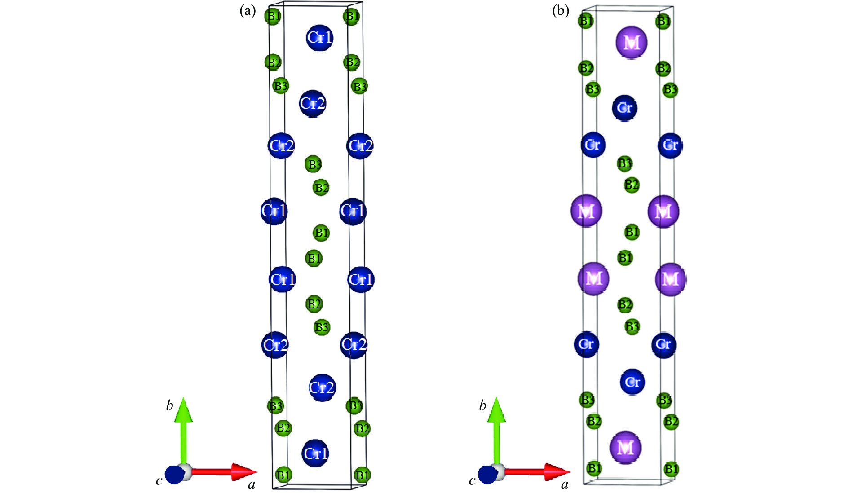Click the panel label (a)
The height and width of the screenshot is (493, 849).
248,11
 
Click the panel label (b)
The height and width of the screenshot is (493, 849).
560,10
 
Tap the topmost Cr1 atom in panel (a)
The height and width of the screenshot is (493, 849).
319,37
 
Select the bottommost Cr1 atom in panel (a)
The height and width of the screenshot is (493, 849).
316,453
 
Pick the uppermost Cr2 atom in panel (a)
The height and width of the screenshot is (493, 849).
312,104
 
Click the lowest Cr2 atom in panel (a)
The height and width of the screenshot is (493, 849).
322,387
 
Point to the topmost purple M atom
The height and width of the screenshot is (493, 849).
631,43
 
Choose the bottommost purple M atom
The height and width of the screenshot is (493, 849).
625,447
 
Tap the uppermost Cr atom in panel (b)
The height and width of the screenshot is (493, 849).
624,108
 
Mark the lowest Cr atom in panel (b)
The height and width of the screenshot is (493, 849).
632,382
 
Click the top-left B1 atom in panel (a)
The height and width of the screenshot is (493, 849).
273,17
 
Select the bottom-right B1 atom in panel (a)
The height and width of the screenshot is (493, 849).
362,475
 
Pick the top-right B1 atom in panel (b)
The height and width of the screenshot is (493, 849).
663,21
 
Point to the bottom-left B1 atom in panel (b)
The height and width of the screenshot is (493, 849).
594,468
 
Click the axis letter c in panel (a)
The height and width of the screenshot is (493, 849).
159,481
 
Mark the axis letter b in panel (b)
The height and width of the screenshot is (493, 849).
482,406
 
